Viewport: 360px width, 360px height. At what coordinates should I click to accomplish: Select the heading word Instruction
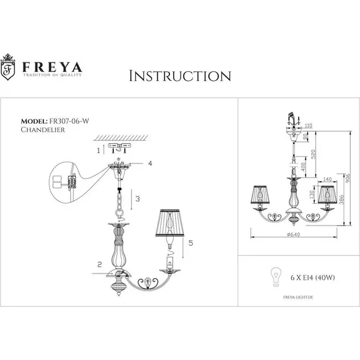coord(179,76)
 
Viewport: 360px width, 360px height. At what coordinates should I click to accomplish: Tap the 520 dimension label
coord(313,153)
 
